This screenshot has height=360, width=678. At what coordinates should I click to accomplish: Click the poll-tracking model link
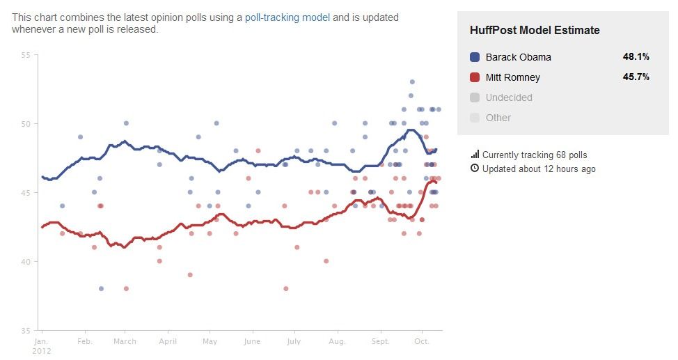(x=287, y=17)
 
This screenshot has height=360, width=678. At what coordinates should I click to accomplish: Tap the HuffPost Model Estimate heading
(x=535, y=31)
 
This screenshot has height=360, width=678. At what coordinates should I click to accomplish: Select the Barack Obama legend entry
(x=518, y=57)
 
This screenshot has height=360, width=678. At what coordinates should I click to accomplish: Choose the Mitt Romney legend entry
(x=512, y=77)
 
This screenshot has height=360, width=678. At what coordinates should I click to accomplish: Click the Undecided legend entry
(x=509, y=97)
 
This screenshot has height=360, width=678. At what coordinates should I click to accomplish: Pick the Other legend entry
(x=498, y=118)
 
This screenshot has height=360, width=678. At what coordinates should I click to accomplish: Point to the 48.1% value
(x=636, y=57)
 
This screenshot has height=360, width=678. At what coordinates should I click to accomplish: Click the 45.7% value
(x=636, y=77)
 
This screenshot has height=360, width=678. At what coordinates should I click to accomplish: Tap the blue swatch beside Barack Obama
(x=475, y=57)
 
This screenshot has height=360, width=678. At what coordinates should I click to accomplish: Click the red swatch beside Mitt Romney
(x=475, y=77)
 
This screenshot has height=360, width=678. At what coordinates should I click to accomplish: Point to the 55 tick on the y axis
(x=26, y=55)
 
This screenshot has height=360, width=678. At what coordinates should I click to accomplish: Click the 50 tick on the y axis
(x=26, y=124)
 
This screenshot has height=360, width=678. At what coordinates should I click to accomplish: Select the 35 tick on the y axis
(x=26, y=330)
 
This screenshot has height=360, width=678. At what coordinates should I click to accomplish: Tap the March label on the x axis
(x=125, y=342)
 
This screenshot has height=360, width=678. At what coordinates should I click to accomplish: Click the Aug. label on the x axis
(x=337, y=342)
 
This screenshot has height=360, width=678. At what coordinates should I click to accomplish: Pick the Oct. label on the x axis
(x=422, y=342)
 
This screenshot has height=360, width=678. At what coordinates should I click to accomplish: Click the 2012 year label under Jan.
(x=42, y=350)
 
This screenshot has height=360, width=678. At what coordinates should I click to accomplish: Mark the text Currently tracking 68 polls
(x=535, y=155)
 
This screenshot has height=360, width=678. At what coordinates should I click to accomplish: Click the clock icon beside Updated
(x=475, y=169)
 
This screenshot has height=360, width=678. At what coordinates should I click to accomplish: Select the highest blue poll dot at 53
(x=412, y=82)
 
